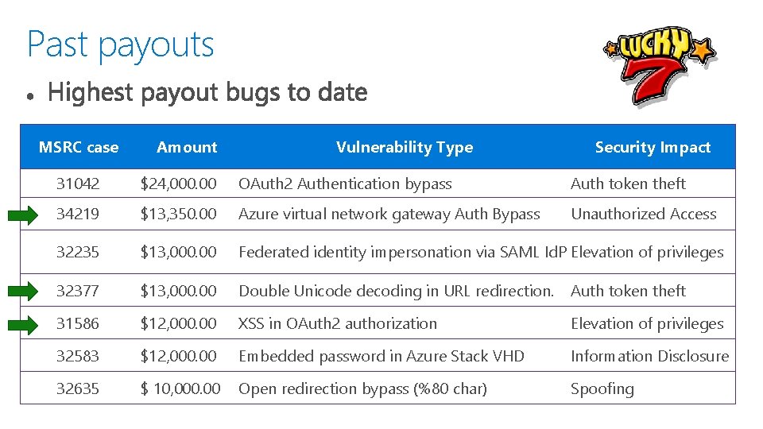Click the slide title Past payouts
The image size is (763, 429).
[120, 44]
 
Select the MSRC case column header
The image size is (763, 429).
[79, 147]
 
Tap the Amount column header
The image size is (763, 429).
[187, 147]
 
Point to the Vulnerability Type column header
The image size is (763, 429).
[404, 147]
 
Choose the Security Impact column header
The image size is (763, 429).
[653, 147]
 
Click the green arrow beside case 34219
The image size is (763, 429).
[29, 214]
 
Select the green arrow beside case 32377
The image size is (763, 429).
[29, 292]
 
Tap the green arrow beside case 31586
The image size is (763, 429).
[29, 324]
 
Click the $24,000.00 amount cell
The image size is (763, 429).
[178, 184]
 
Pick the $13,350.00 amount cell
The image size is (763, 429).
[178, 214]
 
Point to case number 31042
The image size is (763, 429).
[78, 184]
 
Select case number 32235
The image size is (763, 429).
[78, 252]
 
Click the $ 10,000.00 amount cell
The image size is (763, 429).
[180, 388]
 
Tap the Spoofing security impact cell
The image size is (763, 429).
[602, 388]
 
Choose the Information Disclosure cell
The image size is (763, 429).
[649, 356]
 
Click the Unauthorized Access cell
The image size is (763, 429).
[643, 214]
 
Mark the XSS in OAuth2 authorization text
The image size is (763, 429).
[338, 323]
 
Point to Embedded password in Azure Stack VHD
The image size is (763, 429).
[381, 356]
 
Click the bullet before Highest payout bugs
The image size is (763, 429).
[29, 95]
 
